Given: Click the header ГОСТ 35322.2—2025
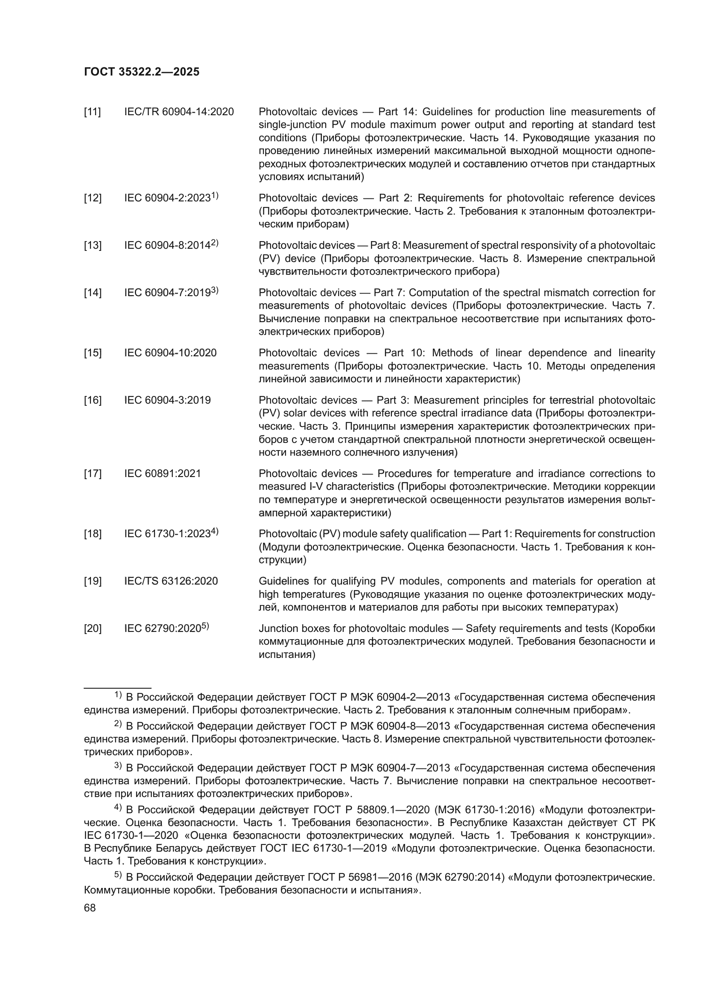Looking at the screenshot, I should [142, 72].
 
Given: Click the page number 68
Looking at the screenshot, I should [90, 908].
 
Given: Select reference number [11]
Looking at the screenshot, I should [92, 112].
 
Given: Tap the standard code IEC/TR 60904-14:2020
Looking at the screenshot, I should [179, 112].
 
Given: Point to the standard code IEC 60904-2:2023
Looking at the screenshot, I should [167, 198].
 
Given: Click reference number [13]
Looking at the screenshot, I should [92, 246].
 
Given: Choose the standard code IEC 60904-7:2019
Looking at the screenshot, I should [167, 293].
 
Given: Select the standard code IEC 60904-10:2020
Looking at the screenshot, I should [170, 353].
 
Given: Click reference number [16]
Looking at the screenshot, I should [92, 400].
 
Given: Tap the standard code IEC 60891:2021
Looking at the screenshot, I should [163, 474].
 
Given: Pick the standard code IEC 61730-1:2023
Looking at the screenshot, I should [167, 534].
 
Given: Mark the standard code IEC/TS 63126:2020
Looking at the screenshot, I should [171, 582].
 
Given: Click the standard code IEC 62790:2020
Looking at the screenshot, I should [163, 629].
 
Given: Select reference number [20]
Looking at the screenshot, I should [92, 629].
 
